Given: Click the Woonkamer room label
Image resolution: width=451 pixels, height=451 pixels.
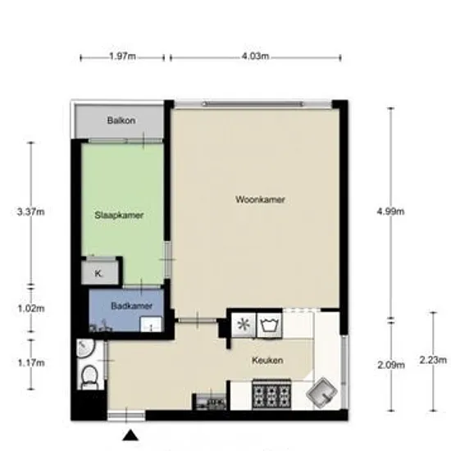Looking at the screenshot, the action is tap(260, 199).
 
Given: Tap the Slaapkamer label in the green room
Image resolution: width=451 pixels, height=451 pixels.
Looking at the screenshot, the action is tap(119, 215).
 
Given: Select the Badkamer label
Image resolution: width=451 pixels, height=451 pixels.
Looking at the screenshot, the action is tap(131, 306).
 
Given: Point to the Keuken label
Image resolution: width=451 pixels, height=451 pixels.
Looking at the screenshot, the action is tap(267, 360).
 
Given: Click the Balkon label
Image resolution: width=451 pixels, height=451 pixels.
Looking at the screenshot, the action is tap(121, 121).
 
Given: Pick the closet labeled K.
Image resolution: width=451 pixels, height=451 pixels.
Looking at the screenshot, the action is tap(99, 272).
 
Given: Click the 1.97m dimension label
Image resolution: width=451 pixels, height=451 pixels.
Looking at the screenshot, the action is tap(122, 56).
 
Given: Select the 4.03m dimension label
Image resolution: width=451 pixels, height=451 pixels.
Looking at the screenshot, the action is tap(255, 56).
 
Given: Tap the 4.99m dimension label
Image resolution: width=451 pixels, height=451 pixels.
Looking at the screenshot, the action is tap(390, 212).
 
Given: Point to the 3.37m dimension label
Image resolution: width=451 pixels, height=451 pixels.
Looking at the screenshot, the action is tap(31, 212).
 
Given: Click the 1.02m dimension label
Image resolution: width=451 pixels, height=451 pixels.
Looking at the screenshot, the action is tap(31, 308).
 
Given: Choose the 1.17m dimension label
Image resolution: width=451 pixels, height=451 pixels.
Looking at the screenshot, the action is tap(31, 363).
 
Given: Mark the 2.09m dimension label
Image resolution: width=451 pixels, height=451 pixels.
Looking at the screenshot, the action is tap(391, 365).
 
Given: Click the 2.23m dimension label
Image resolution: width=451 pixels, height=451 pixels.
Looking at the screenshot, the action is tap(433, 360).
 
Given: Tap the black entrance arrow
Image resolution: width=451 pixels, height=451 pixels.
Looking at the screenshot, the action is tap(130, 435).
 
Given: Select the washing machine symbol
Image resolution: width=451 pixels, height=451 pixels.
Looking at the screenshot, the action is tap(269, 325).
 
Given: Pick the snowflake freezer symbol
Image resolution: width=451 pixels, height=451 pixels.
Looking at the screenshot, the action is tap(244, 325).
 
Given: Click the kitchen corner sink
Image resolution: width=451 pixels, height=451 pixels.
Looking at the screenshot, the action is tap(322, 392).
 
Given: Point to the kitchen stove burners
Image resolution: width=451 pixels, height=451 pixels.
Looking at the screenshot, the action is tap(271, 394).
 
